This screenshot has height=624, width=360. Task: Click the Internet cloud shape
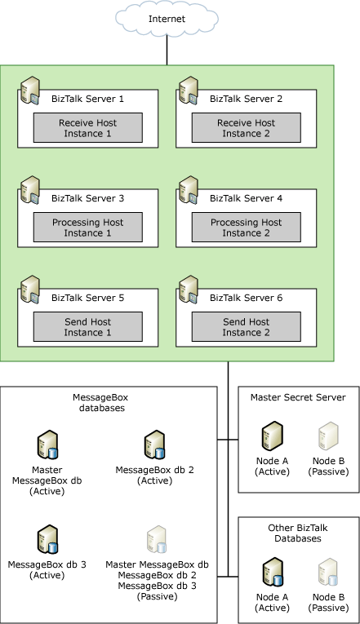coord(167,18)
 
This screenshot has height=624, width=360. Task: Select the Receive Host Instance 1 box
coord(88,127)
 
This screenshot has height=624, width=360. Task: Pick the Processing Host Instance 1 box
coord(88,228)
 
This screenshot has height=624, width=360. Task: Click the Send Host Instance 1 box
coord(88,327)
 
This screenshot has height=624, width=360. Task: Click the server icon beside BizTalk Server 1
coord(31,91)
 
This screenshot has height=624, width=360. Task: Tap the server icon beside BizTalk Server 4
coord(189,191)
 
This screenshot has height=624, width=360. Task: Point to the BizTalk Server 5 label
coord(87,298)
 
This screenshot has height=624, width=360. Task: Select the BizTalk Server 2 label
coord(246,99)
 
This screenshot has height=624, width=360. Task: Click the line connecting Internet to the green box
coord(167,50)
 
